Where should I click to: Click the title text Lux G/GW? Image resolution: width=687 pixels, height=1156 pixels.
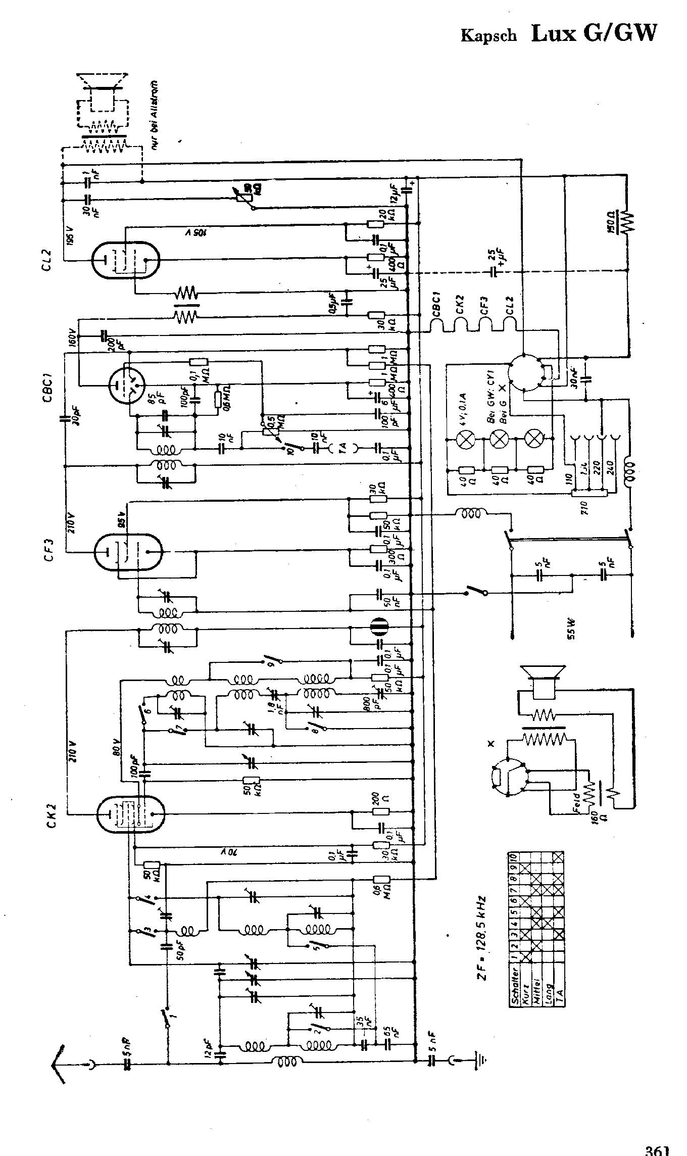594,33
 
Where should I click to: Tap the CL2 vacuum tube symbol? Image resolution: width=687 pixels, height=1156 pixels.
126,260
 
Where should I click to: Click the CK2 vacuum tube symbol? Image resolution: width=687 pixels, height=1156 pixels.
130,813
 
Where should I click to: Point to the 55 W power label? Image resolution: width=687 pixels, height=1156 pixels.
571,629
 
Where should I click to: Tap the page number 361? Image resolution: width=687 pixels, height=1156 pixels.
657,1149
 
